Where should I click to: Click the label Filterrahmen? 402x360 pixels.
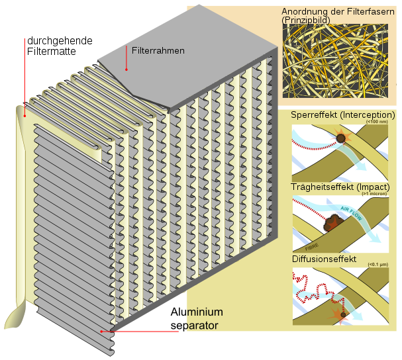pos(158,50)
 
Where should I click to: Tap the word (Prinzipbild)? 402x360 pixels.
pos(306,21)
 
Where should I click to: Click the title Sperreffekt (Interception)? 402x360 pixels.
pos(338,115)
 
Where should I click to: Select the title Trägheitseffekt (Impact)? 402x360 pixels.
pos(336,187)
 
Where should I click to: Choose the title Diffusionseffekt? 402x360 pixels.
pos(325,259)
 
